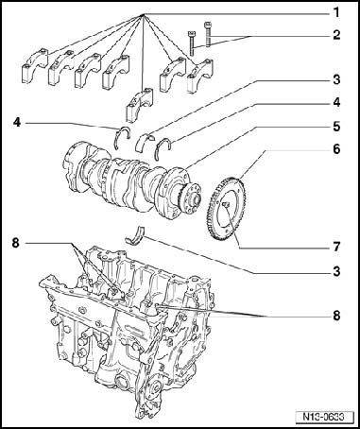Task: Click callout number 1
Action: click(336, 13)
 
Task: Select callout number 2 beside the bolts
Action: click(336, 35)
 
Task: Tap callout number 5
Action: click(336, 127)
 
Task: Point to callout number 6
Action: click(336, 149)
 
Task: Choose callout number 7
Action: click(336, 247)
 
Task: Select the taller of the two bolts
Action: click(208, 34)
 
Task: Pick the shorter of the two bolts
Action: click(191, 43)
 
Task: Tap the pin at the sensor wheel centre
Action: click(226, 205)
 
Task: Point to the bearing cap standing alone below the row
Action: click(139, 105)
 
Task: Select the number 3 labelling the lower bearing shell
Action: click(336, 271)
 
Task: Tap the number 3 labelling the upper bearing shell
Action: click(336, 79)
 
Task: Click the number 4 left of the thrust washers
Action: click(17, 122)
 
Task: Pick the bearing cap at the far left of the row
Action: click(35, 67)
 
